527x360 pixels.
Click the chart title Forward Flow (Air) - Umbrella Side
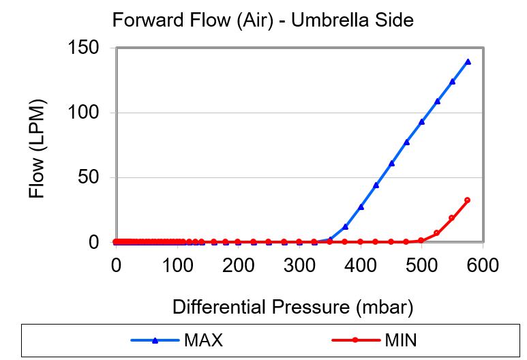(x=262, y=20)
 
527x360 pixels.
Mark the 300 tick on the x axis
(x=299, y=264)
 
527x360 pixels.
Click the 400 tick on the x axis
(x=361, y=264)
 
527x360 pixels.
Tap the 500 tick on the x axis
(x=422, y=264)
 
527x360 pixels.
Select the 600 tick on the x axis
(x=483, y=264)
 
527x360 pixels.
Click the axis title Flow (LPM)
(x=37, y=149)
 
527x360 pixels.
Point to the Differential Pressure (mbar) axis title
(x=293, y=307)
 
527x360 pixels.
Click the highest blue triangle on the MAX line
(x=468, y=61)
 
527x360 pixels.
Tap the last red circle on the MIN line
(x=467, y=200)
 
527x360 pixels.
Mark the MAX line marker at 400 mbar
(x=361, y=207)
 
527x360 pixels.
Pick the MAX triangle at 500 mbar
(x=422, y=121)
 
